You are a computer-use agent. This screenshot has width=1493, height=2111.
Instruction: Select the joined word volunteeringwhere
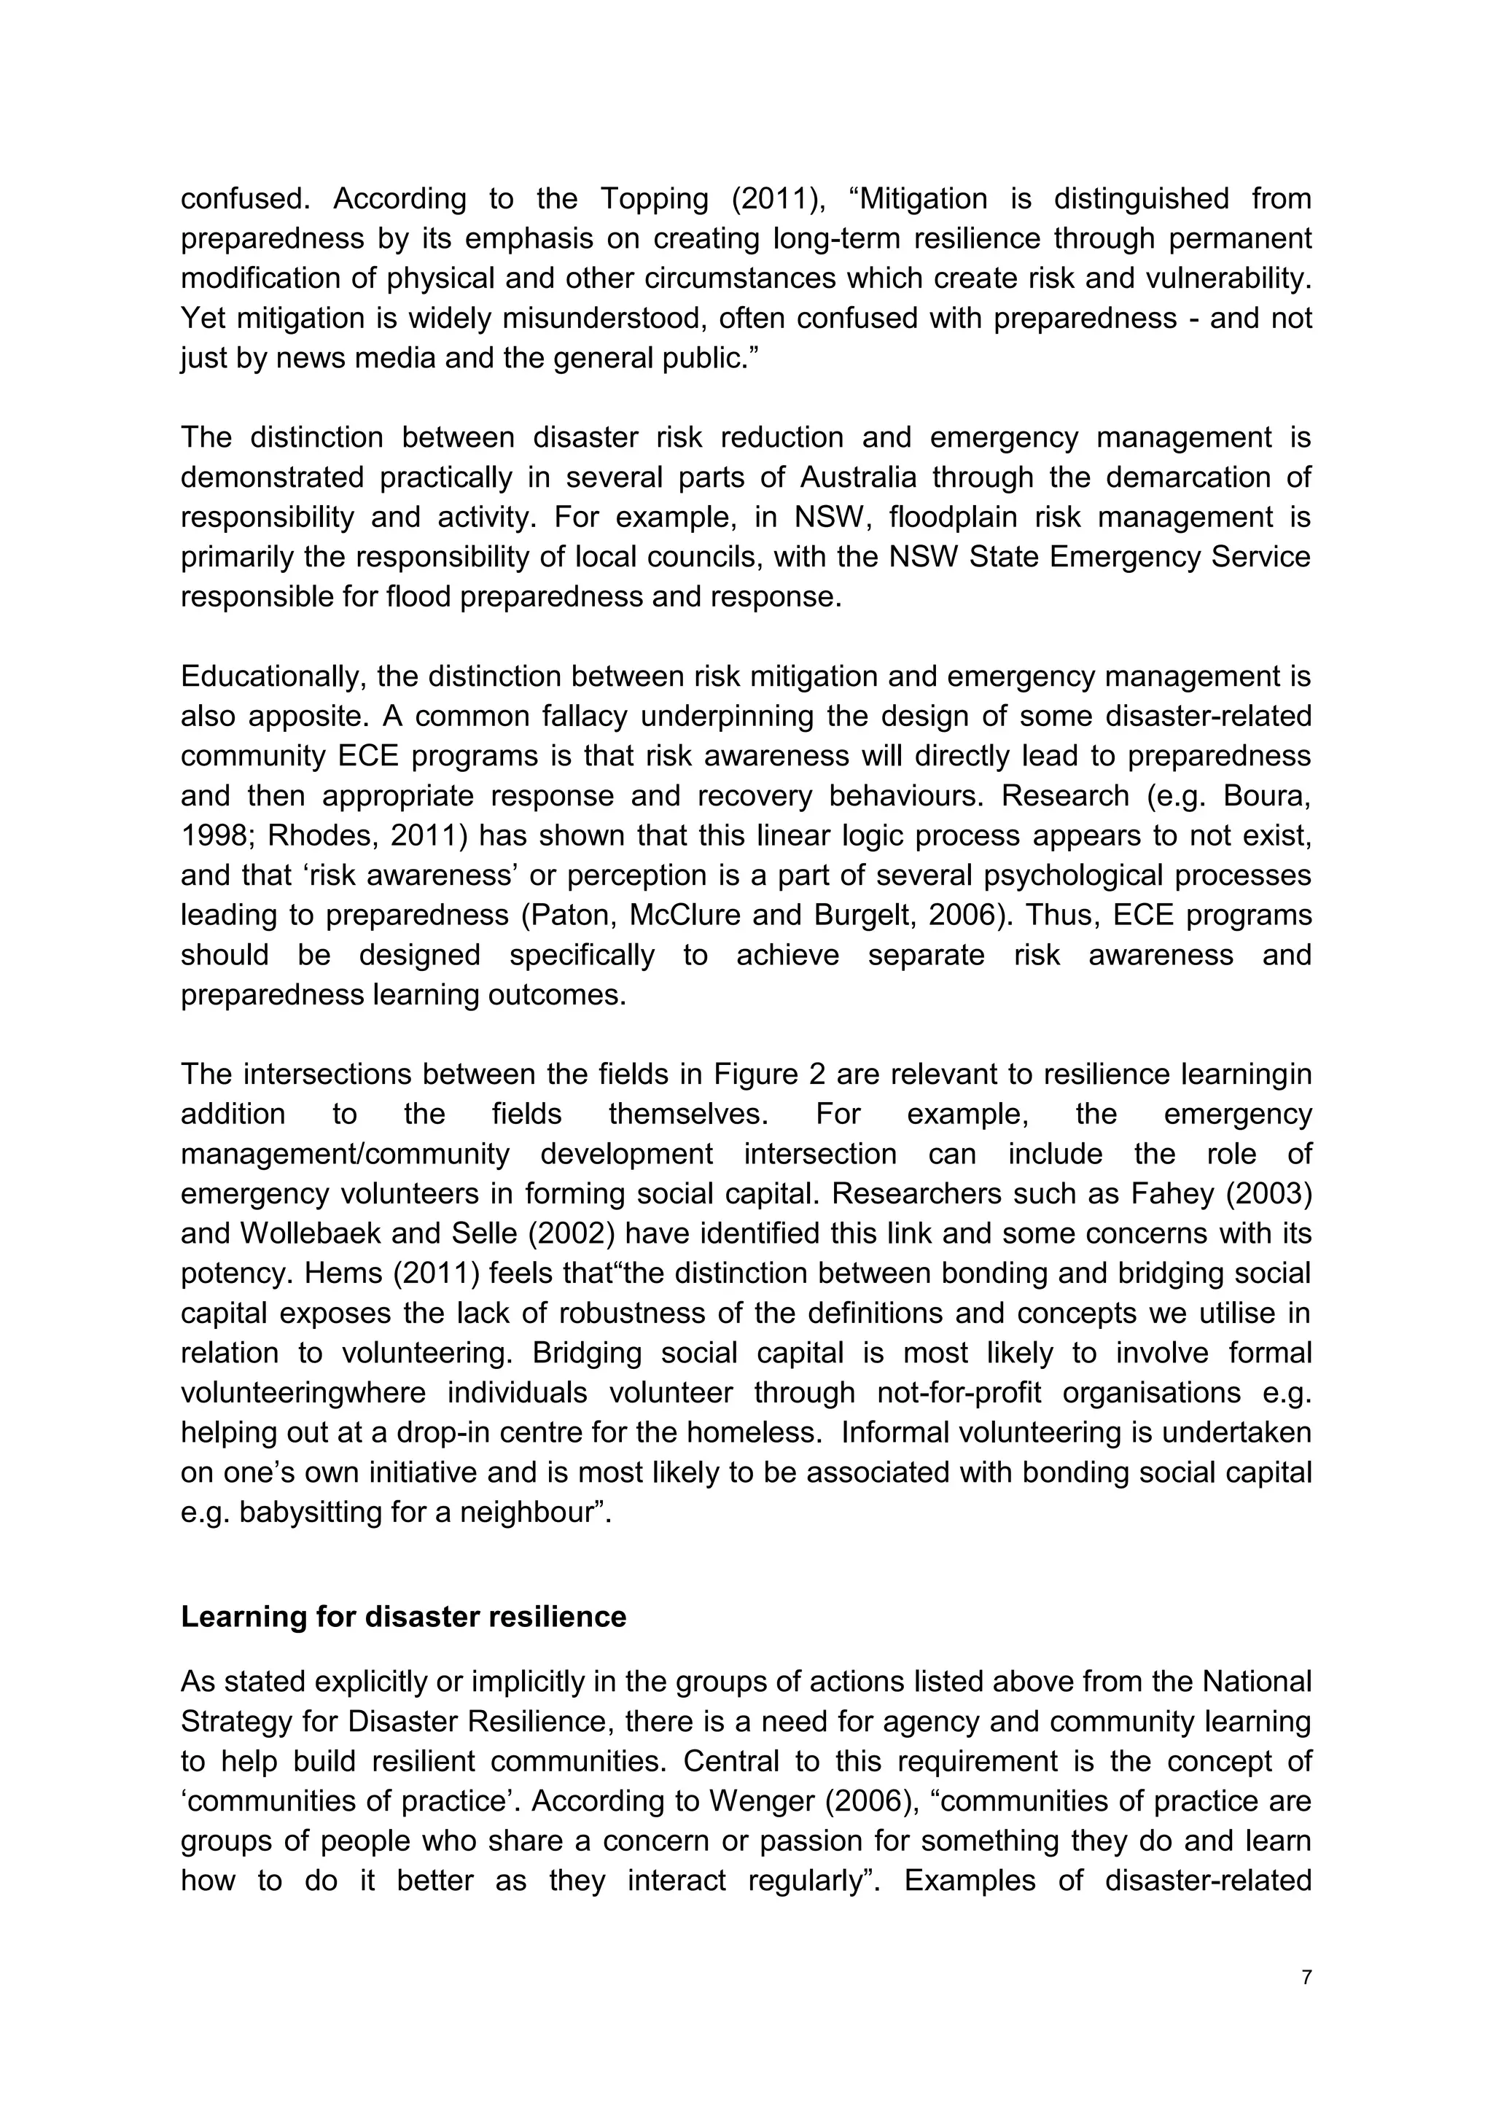[x=303, y=1393]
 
